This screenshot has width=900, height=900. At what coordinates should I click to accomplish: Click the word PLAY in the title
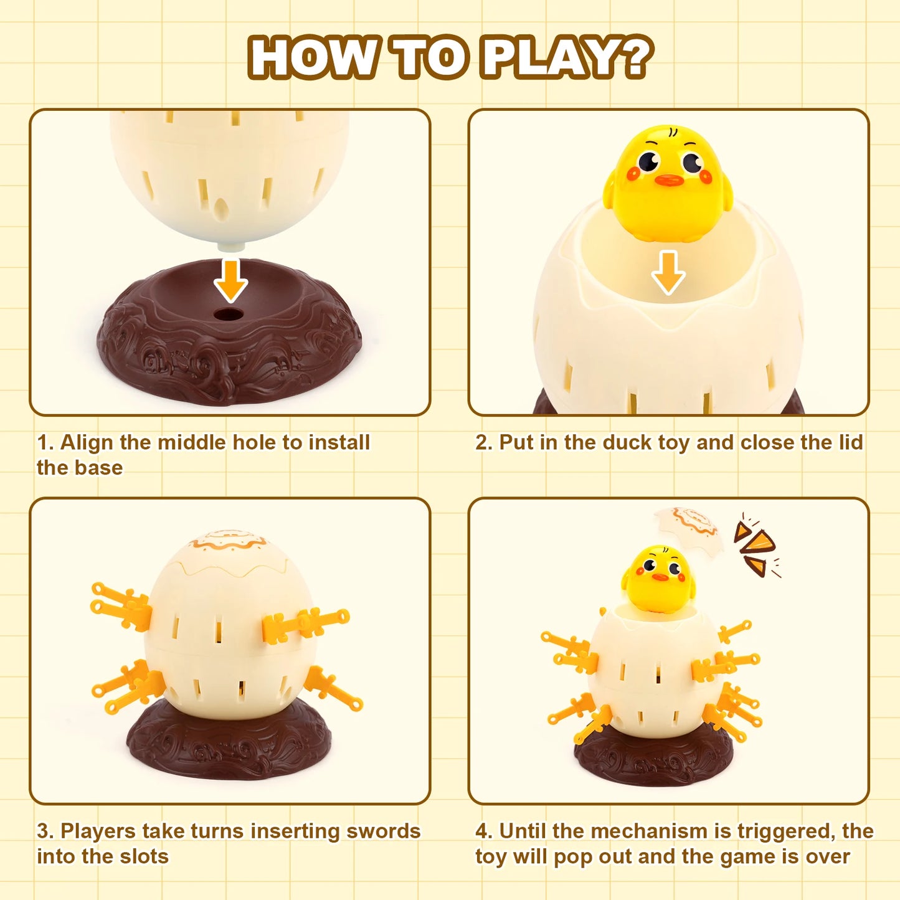(546, 57)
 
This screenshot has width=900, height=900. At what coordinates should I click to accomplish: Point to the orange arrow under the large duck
(668, 273)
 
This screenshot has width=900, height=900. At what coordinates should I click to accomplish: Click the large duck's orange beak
(670, 180)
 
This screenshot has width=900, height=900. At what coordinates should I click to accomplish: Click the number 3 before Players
(44, 831)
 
